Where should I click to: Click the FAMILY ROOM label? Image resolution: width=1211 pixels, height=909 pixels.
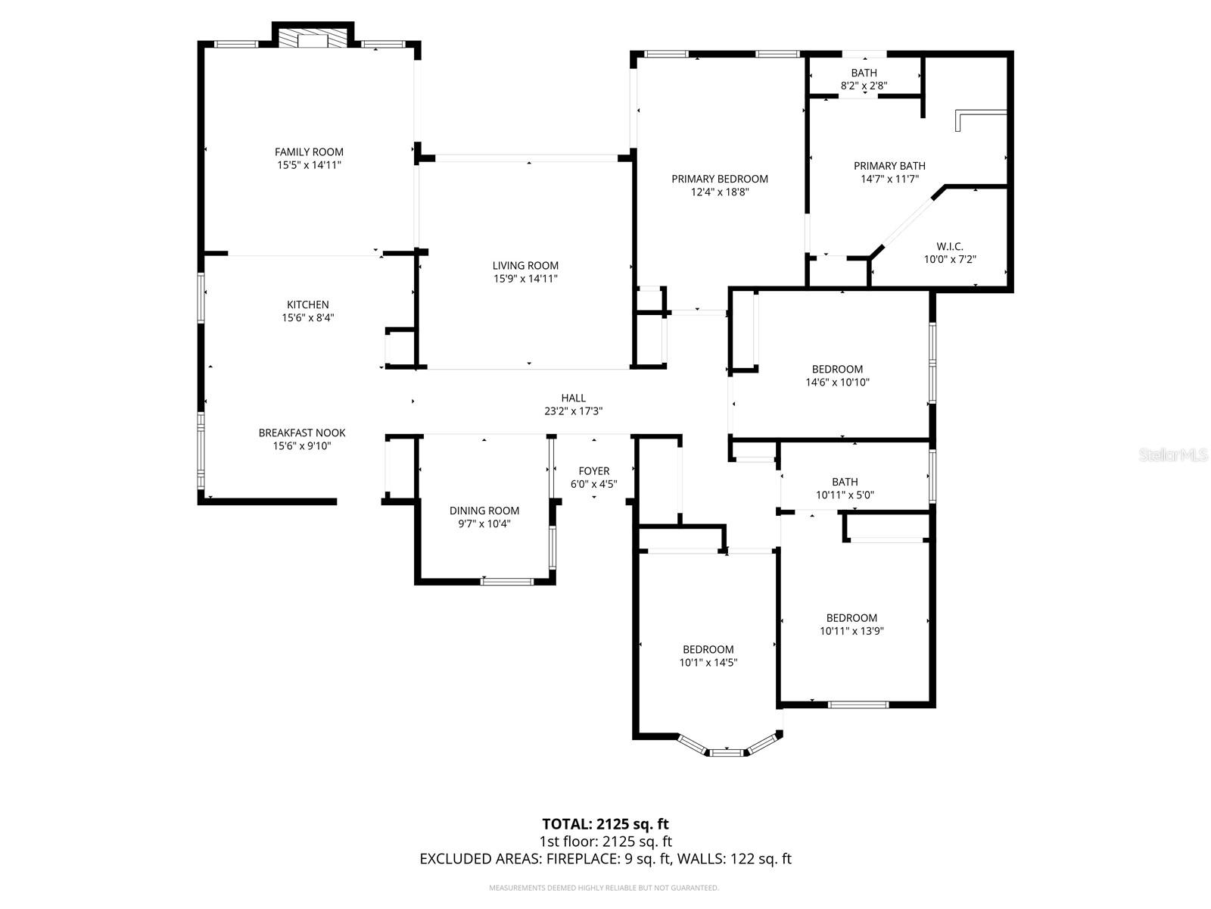pyautogui.click(x=309, y=151)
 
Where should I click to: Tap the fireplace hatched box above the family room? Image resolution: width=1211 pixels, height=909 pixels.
pyautogui.click(x=313, y=39)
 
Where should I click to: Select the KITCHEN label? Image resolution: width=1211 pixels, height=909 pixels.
pyautogui.click(x=308, y=305)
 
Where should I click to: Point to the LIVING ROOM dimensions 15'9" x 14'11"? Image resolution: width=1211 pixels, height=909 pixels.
pyautogui.click(x=525, y=279)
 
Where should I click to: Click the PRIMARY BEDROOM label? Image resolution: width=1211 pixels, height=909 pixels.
pyautogui.click(x=720, y=179)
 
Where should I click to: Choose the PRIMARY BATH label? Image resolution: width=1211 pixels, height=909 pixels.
pyautogui.click(x=889, y=166)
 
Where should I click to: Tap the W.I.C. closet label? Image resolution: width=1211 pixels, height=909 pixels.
pyautogui.click(x=949, y=246)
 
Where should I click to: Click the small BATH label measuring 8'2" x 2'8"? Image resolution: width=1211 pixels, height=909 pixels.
pyautogui.click(x=864, y=73)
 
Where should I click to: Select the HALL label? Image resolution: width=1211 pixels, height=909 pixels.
pyautogui.click(x=573, y=398)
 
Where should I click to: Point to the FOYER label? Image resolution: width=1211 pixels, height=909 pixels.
pyautogui.click(x=593, y=470)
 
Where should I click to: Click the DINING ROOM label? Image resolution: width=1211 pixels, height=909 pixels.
pyautogui.click(x=484, y=511)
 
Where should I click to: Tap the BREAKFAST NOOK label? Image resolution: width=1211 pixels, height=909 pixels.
pyautogui.click(x=302, y=433)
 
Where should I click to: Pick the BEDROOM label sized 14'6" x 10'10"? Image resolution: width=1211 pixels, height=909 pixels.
pyautogui.click(x=837, y=369)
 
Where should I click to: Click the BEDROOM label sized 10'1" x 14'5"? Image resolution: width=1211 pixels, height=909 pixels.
pyautogui.click(x=708, y=650)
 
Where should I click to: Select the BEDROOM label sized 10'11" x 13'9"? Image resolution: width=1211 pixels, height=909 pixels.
pyautogui.click(x=851, y=618)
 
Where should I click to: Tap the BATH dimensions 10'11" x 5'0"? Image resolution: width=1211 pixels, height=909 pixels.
pyautogui.click(x=845, y=495)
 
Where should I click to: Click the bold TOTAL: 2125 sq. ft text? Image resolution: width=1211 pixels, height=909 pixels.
pyautogui.click(x=605, y=824)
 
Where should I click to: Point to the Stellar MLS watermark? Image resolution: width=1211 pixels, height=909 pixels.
pyautogui.click(x=1173, y=454)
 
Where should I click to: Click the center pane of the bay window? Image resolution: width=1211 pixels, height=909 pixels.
pyautogui.click(x=727, y=752)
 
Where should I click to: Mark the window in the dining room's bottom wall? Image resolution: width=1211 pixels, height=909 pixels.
pyautogui.click(x=507, y=581)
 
